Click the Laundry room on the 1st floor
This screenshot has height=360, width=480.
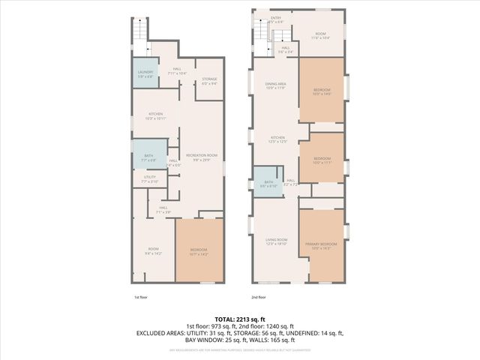click(145, 73)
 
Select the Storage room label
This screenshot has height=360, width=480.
click(209, 82)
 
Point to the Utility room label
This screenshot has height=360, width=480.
click(150, 180)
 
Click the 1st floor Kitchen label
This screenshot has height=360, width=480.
click(155, 116)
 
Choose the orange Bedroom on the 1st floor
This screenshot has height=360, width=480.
click(199, 251)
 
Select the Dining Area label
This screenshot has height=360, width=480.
click(276, 86)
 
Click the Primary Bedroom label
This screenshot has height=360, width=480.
click(321, 246)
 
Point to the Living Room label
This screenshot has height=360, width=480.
click(276, 242)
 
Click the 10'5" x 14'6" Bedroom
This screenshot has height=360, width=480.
click(321, 91)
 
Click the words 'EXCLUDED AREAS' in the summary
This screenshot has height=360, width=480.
click(163, 332)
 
